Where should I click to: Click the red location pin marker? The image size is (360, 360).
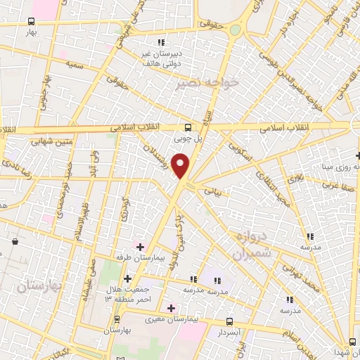click(x=181, y=166)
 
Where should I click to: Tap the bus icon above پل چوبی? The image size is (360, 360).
click(x=188, y=128)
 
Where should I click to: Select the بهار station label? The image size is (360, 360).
click(x=30, y=32)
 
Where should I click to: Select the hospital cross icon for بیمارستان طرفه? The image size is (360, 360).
click(x=141, y=247)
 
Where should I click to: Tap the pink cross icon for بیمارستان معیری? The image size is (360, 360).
click(x=171, y=307)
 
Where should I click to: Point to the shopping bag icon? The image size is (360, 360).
click(x=15, y=242)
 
